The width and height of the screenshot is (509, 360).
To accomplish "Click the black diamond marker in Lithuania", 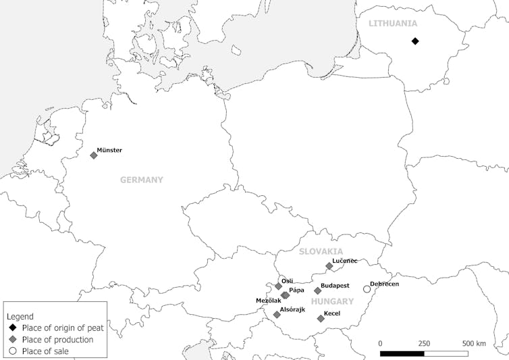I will [x=415, y=41].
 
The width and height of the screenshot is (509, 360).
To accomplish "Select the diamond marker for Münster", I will [x=94, y=155].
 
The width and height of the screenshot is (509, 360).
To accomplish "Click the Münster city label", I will [x=109, y=150].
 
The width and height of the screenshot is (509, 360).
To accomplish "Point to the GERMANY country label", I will [x=142, y=180].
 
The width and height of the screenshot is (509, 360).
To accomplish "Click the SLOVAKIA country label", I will [x=321, y=251].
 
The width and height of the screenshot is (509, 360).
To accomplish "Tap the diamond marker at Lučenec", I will [x=329, y=266].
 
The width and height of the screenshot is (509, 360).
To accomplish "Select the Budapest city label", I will [x=336, y=286].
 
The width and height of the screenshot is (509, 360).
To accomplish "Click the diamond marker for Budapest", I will [x=318, y=291].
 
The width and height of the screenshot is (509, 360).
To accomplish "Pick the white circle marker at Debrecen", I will [x=367, y=289].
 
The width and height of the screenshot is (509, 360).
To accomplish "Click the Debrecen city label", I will [x=384, y=284].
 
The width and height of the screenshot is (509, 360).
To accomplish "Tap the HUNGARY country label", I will [x=332, y=301].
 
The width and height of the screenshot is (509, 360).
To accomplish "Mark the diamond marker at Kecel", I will [x=321, y=319].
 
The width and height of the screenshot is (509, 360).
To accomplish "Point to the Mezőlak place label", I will [x=269, y=300].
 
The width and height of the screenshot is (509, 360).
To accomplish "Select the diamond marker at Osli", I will [x=278, y=286].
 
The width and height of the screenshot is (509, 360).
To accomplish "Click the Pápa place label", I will [x=296, y=290].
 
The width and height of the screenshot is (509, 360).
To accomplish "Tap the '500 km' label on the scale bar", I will [x=473, y=343].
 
